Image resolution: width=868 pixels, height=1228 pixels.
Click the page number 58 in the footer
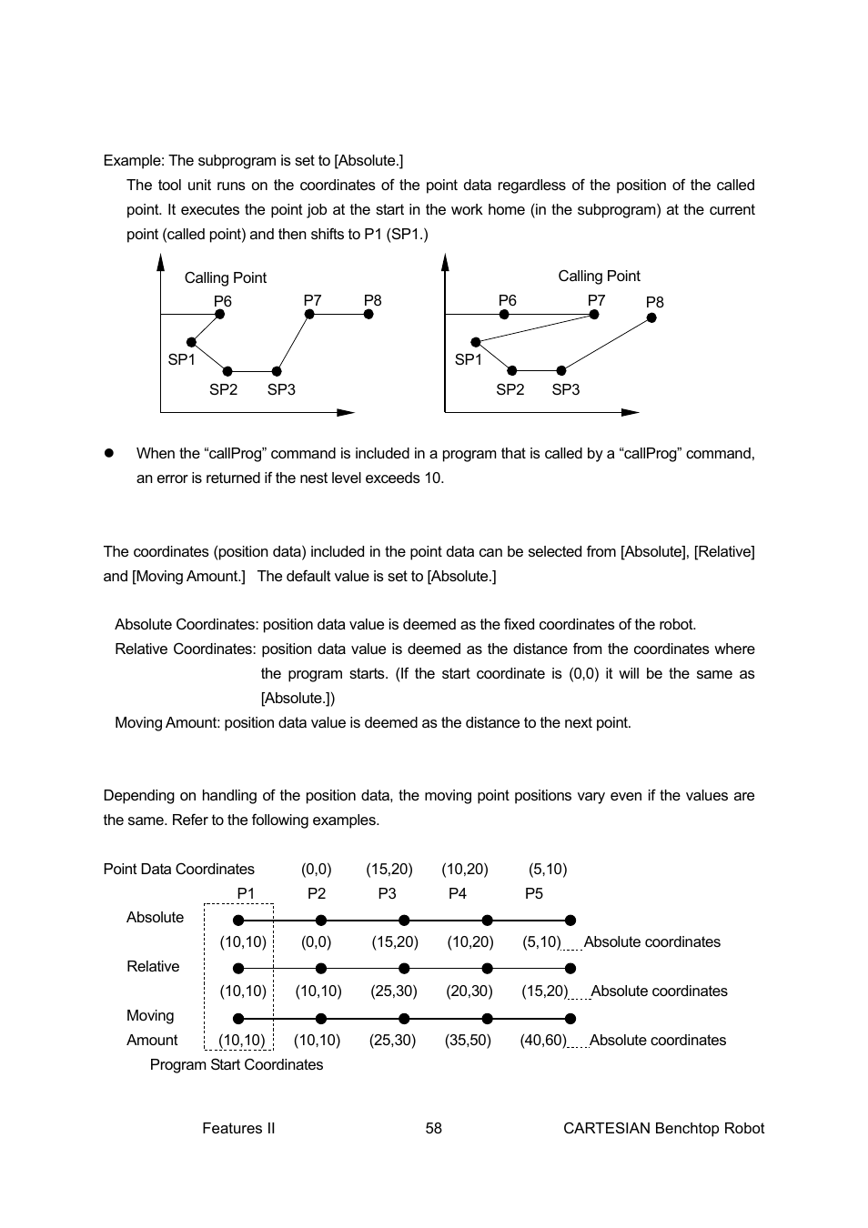(433, 1128)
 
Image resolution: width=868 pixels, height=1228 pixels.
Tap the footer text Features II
(238, 1128)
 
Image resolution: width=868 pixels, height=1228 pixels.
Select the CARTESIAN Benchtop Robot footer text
(663, 1128)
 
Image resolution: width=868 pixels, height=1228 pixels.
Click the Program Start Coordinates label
(237, 1064)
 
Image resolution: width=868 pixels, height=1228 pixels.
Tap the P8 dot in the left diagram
(368, 315)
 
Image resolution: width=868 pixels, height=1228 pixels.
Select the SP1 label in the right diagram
(468, 360)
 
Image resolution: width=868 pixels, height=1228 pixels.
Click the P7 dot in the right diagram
(594, 315)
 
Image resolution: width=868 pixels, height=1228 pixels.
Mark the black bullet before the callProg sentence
(108, 453)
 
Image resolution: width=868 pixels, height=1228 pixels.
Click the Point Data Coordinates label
(179, 869)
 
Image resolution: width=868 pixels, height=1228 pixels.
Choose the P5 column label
(534, 893)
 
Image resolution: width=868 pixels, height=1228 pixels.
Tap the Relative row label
(153, 966)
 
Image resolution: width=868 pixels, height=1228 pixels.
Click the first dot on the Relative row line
(238, 969)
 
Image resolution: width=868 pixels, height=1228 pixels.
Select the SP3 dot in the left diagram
(277, 371)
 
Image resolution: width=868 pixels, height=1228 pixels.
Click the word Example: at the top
(134, 160)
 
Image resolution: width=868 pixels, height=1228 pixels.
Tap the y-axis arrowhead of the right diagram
(445, 263)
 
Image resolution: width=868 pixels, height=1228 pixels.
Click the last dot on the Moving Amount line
(570, 1019)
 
